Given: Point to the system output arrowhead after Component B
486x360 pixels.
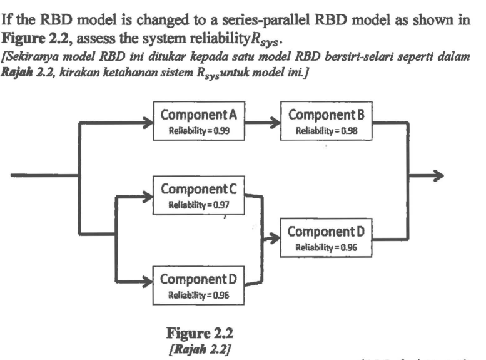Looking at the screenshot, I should pos(438,177).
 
